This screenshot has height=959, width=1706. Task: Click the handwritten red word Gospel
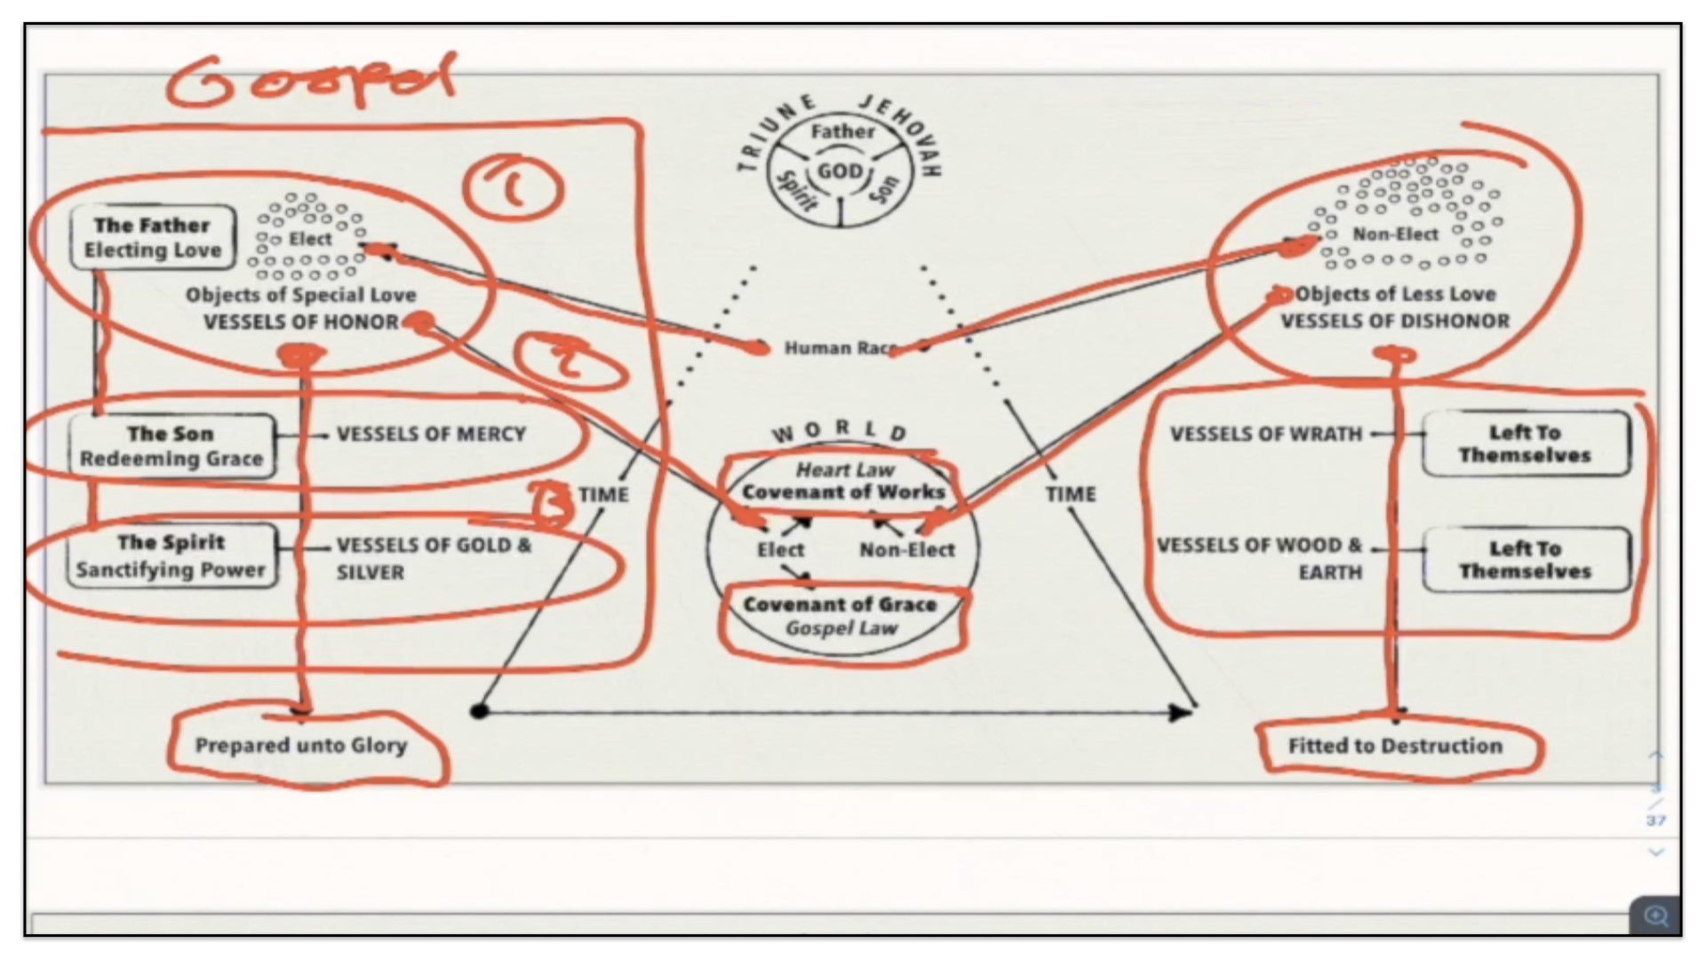[x=311, y=82]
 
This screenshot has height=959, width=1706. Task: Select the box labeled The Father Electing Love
[x=153, y=238]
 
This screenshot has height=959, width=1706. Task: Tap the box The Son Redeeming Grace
[x=171, y=447]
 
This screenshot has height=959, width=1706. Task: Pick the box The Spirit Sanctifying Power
[x=171, y=556]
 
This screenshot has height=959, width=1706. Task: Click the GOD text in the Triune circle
[x=840, y=170]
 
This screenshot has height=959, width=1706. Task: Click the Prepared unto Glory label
[x=301, y=745]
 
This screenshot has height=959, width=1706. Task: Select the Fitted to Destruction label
[x=1395, y=746]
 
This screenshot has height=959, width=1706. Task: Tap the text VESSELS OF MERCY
[x=431, y=434]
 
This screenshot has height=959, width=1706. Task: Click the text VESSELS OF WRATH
[x=1265, y=434]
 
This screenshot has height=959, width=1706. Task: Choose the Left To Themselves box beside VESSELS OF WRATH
[x=1525, y=444]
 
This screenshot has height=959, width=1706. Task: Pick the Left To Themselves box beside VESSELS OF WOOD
[x=1525, y=559]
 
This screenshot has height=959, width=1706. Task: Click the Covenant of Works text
[x=843, y=492]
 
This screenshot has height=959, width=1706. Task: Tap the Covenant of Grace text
[x=840, y=605]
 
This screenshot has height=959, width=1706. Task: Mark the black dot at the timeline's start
[x=479, y=710]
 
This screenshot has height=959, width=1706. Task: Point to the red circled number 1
[x=513, y=187]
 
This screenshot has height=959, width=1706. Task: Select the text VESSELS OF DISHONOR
[x=1394, y=321]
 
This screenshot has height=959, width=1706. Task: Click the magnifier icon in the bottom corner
[x=1655, y=915]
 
